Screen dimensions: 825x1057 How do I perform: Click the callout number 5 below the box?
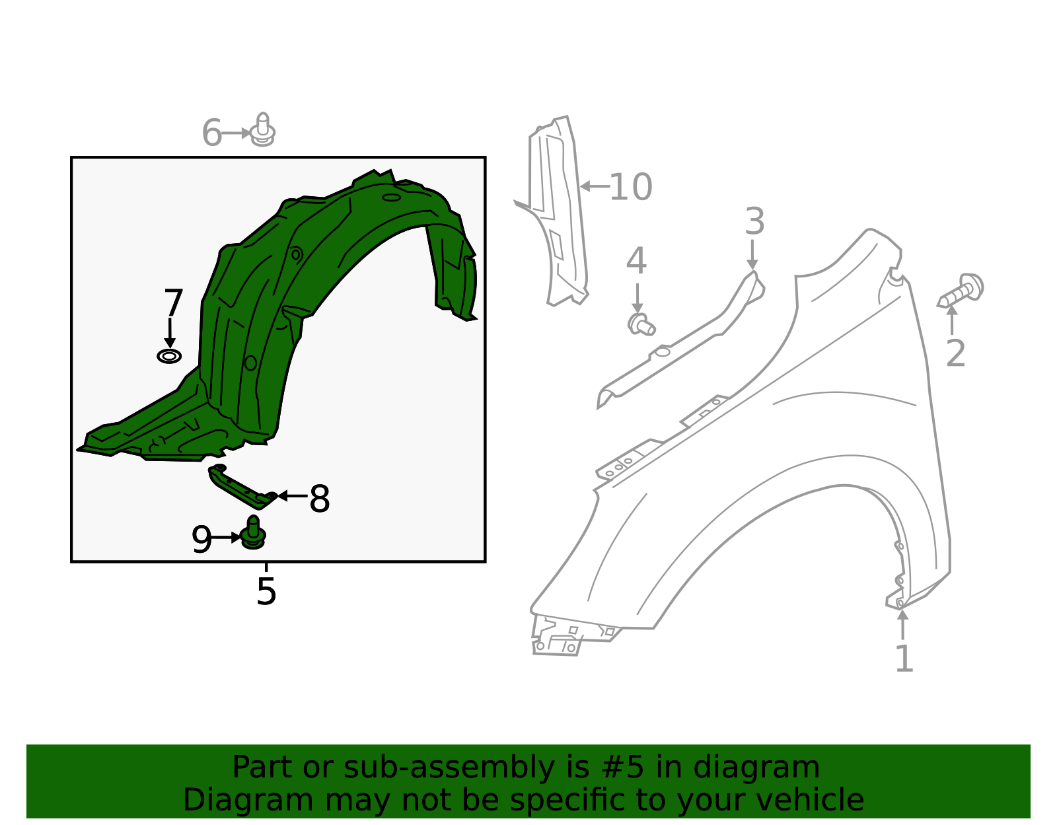pyautogui.click(x=266, y=592)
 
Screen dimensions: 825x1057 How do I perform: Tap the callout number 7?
pyautogui.click(x=173, y=304)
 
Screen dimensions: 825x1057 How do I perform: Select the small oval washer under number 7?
pyautogui.click(x=169, y=357)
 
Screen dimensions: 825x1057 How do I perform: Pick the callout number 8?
pyautogui.click(x=320, y=499)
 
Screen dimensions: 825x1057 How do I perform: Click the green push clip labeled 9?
pyautogui.click(x=253, y=533)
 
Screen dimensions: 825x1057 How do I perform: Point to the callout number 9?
pyautogui.click(x=201, y=540)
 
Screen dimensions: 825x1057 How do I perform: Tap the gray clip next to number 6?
pyautogui.click(x=263, y=131)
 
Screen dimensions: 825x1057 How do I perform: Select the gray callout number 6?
pyautogui.click(x=212, y=133)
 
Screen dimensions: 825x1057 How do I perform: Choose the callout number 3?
pyautogui.click(x=754, y=222)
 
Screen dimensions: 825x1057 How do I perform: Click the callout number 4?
pyautogui.click(x=636, y=262)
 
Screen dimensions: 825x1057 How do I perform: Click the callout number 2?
pyautogui.click(x=956, y=354)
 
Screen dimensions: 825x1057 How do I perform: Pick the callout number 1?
pyautogui.click(x=904, y=659)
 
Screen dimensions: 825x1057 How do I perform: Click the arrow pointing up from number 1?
pyautogui.click(x=902, y=624)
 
